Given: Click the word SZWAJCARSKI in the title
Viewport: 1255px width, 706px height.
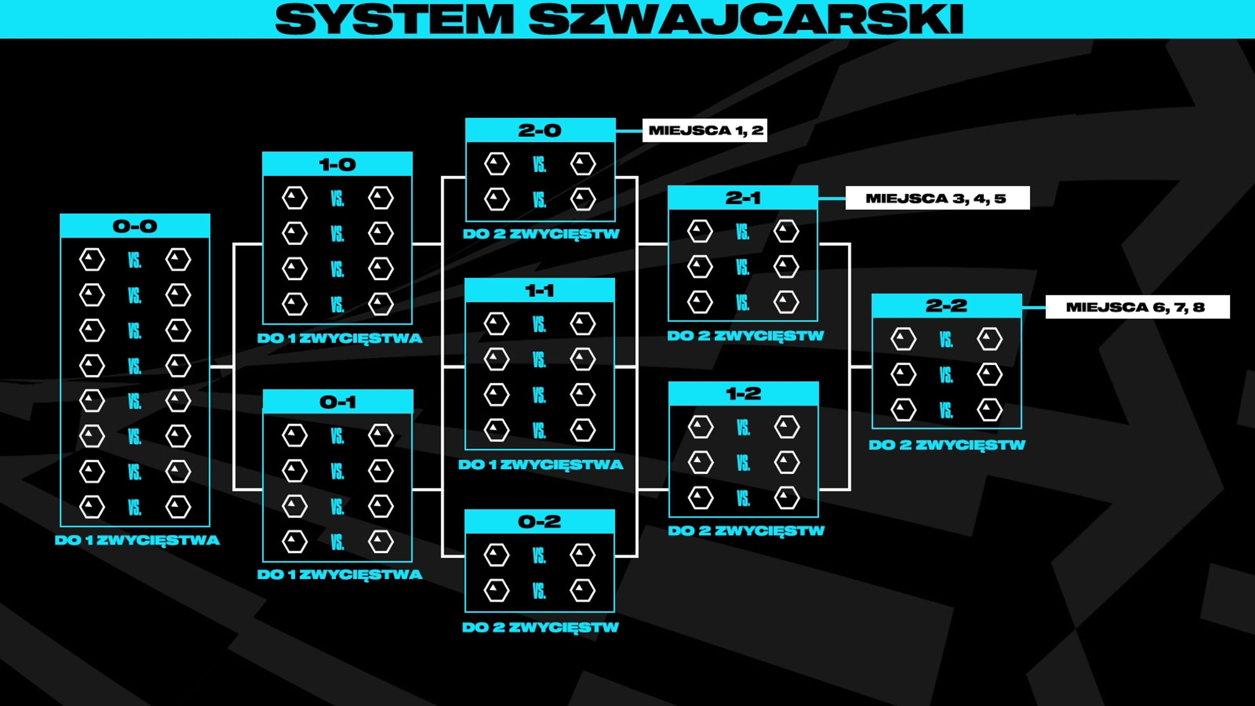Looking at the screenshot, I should coord(746,20).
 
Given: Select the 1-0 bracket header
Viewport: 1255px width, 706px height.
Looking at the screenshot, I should coord(337,164).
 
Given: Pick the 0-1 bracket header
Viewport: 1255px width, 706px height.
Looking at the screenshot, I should coord(338,402).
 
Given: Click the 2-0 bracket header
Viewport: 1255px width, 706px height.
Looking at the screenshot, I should coord(540,130).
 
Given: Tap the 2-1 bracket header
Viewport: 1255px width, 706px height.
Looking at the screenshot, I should coord(743,198).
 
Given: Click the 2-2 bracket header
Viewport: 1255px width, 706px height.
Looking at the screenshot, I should coord(946,306).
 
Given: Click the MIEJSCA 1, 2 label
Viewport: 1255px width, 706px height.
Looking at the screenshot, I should coord(705,130).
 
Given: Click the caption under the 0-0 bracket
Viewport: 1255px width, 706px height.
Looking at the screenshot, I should coord(137,540).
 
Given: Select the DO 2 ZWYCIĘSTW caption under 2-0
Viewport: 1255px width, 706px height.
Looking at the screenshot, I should coord(541,234).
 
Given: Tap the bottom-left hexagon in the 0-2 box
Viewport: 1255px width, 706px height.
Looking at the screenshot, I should coord(496,590).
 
